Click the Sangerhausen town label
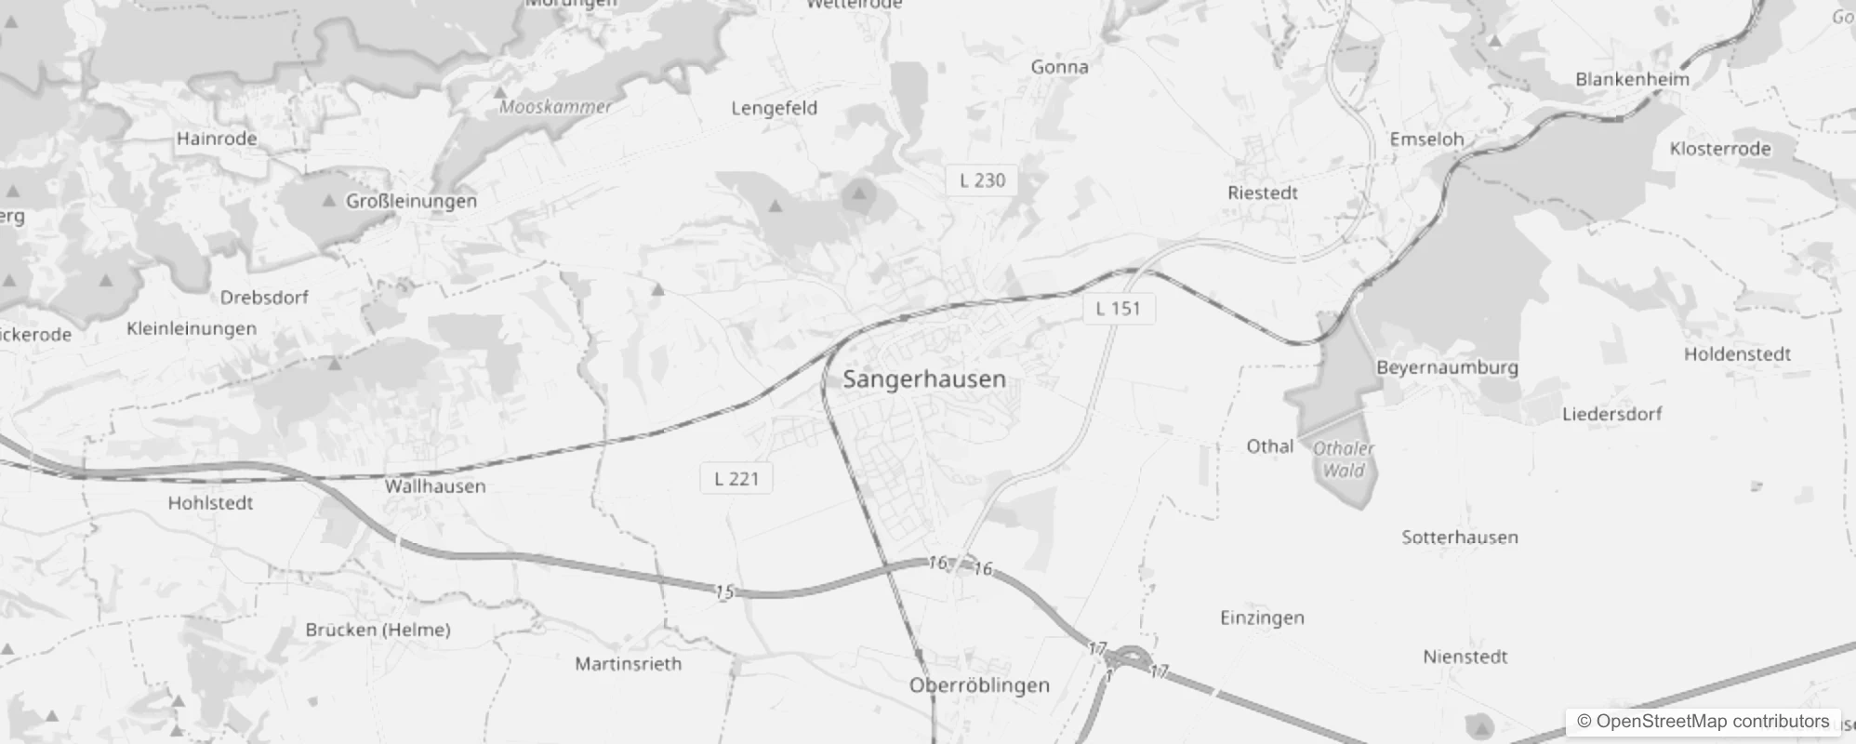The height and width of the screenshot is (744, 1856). pyautogui.click(x=923, y=379)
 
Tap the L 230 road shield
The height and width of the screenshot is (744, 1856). pyautogui.click(x=982, y=180)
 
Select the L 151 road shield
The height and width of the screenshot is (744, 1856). pyautogui.click(x=1118, y=309)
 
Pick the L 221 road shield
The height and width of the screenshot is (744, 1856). pyautogui.click(x=736, y=479)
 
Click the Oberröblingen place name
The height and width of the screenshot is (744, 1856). pyautogui.click(x=979, y=685)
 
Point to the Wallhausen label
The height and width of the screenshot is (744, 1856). pyautogui.click(x=435, y=486)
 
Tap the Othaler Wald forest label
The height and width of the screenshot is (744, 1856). pyautogui.click(x=1344, y=459)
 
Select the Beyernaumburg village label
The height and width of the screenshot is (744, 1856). pyautogui.click(x=1447, y=367)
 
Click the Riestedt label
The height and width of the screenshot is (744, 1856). pyautogui.click(x=1262, y=193)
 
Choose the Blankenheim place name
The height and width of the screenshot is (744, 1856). pyautogui.click(x=1632, y=79)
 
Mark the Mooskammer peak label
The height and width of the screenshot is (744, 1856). pyautogui.click(x=555, y=107)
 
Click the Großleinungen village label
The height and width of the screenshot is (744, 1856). pyautogui.click(x=411, y=201)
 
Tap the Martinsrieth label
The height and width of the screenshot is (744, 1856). pyautogui.click(x=628, y=664)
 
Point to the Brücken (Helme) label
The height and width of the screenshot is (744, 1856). pyautogui.click(x=378, y=630)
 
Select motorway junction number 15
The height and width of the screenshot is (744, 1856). pyautogui.click(x=724, y=591)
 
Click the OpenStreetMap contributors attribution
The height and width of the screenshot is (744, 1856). pyautogui.click(x=1703, y=722)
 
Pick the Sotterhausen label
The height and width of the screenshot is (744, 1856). pyautogui.click(x=1459, y=538)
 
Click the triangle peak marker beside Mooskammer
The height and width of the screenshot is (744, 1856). pyautogui.click(x=500, y=93)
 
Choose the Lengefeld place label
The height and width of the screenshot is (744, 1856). pyautogui.click(x=774, y=108)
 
